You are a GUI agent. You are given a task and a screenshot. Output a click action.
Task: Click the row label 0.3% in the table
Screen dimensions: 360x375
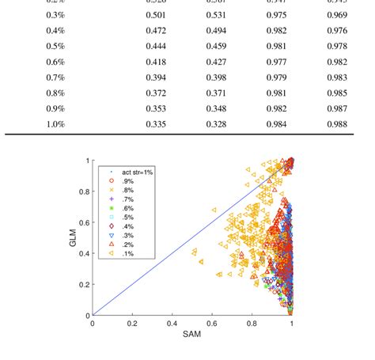(55, 15)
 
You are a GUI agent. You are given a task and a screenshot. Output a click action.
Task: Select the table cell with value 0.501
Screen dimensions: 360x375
(156, 15)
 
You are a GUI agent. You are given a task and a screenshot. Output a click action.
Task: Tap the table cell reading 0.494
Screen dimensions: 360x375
(216, 30)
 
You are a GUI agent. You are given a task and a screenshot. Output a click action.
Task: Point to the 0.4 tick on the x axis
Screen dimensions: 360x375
(172, 324)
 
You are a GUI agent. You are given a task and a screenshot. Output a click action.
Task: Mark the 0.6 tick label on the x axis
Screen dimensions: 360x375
(211, 324)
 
